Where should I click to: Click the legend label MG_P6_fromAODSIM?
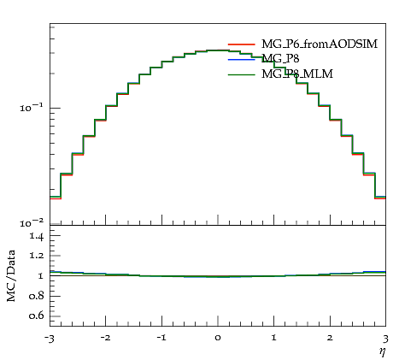coord(320,44)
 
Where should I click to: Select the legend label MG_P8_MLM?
coord(297,74)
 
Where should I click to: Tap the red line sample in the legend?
coord(242,44)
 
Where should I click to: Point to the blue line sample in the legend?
coord(242,60)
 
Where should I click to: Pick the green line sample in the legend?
coord(242,74)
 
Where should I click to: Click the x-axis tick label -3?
coord(50,339)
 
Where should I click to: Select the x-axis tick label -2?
coord(105,338)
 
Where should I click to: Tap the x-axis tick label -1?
coord(161,338)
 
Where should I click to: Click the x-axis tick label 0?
coord(218,338)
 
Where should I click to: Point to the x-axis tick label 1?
coord(274,338)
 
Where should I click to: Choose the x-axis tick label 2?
coord(330,338)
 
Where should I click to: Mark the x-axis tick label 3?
coord(385,339)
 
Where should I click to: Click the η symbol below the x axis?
coord(383,351)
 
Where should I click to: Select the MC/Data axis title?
coord(11,275)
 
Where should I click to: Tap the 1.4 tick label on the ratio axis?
coord(37,236)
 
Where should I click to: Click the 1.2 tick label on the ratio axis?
coord(37,256)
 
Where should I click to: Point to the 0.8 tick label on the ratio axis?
coord(36,296)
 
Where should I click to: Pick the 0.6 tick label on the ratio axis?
coord(36,316)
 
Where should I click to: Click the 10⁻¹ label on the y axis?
coord(32,108)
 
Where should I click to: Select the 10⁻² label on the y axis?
coord(32,223)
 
